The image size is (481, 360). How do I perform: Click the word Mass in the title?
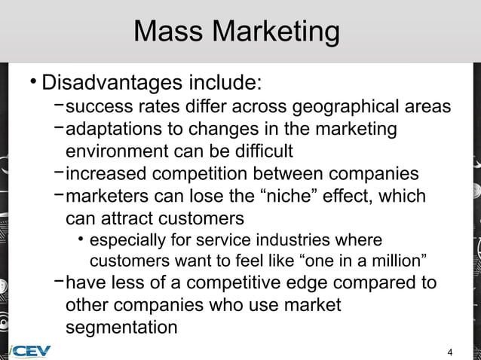click(x=168, y=32)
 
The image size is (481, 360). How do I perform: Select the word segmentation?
click(x=121, y=328)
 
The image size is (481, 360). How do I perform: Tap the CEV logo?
click(x=30, y=351)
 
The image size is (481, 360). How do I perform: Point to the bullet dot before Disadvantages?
click(x=32, y=80)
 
